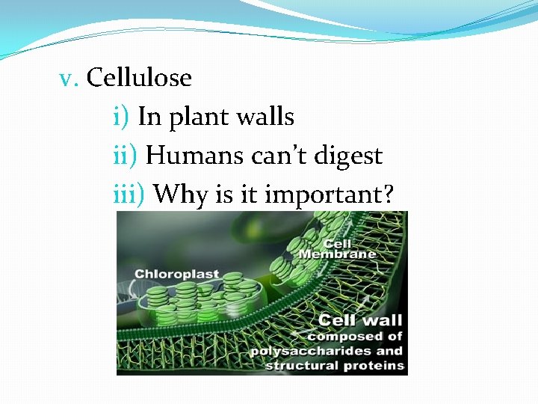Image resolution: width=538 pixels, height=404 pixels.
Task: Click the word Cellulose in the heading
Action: click(139, 78)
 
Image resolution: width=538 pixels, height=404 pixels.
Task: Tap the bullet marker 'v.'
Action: click(69, 79)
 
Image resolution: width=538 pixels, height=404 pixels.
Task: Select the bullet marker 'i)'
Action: click(122, 117)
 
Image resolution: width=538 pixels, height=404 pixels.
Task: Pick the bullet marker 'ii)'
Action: click(125, 156)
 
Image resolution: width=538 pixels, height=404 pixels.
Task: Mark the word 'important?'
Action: click(330, 196)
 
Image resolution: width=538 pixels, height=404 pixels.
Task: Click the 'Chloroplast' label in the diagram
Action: click(177, 274)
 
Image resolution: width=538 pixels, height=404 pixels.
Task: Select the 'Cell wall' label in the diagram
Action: click(360, 321)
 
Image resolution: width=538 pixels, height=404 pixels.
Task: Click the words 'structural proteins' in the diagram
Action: click(334, 366)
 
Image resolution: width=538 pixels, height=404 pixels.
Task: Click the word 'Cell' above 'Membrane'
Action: click(337, 243)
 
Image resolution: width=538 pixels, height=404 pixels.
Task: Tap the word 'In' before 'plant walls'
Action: click(149, 117)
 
